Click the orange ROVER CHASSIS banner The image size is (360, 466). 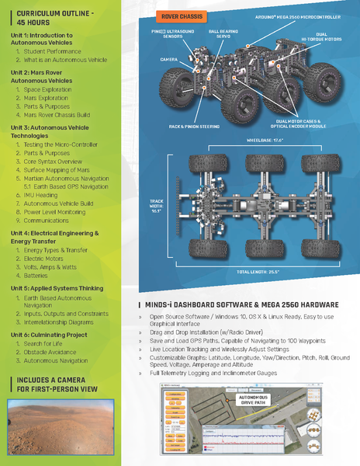(x=181, y=16)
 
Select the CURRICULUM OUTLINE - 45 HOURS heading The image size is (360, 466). (x=50, y=19)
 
